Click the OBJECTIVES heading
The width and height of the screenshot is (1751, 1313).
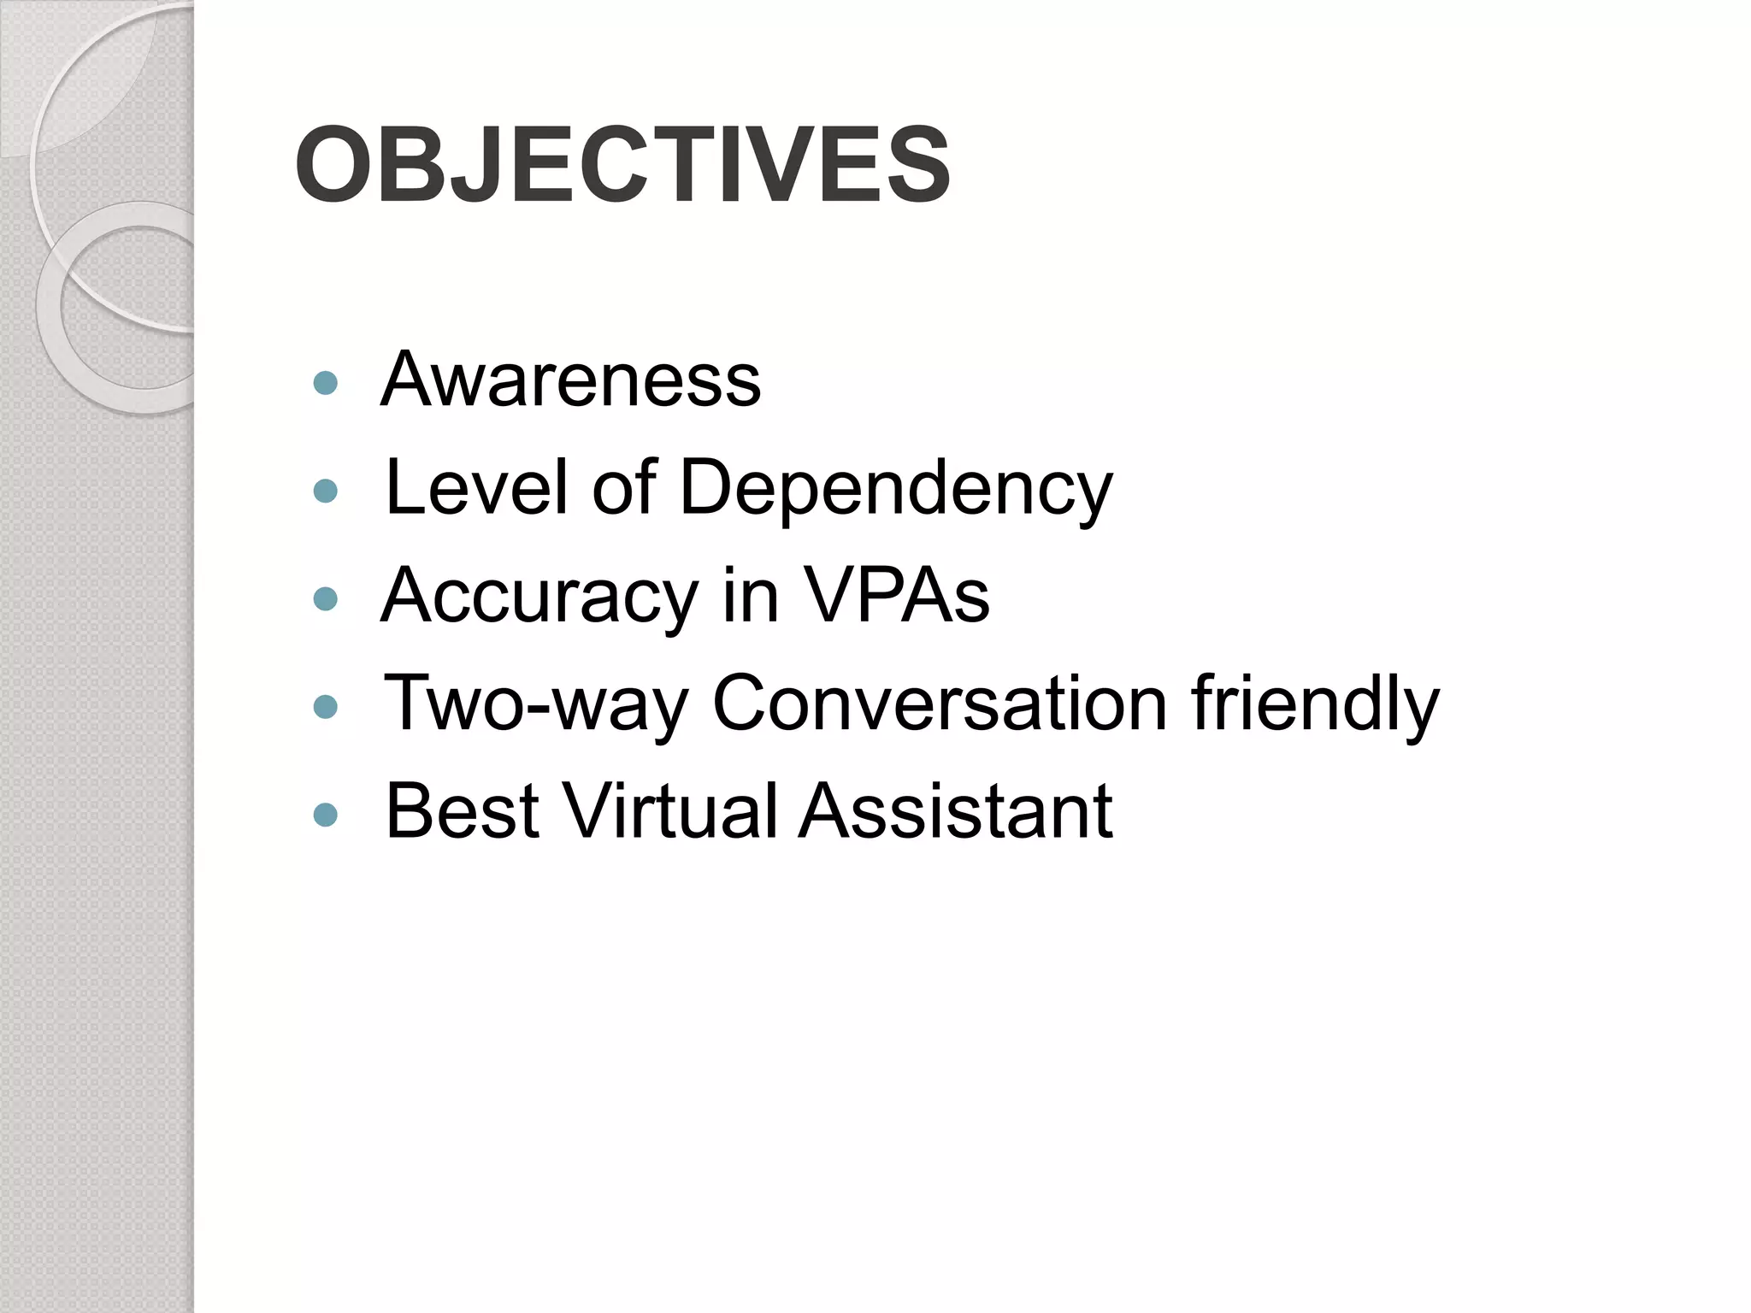pos(622,164)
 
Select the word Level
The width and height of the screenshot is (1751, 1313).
pos(476,487)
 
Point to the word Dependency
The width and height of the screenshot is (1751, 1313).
pos(895,491)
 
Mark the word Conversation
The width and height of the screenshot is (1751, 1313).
pos(940,704)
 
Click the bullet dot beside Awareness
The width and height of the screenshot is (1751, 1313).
pos(326,382)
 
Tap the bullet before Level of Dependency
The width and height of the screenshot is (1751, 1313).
pos(326,490)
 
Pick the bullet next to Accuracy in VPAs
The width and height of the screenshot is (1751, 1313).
pos(326,598)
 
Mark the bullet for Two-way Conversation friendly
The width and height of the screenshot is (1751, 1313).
pos(326,706)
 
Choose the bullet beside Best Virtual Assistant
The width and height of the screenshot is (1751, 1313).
pos(326,814)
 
